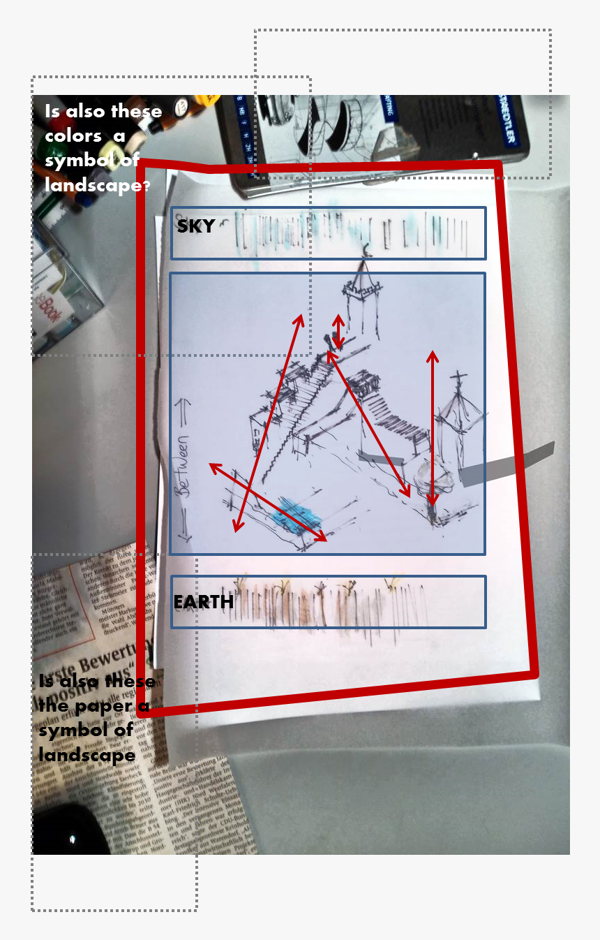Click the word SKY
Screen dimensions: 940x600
195,226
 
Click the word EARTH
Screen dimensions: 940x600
203,601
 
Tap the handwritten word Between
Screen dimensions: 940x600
184,468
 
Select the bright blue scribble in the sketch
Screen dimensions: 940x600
297,516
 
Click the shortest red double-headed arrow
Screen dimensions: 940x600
338,332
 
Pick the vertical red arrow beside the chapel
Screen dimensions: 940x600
433,428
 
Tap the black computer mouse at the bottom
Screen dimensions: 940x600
70,831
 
